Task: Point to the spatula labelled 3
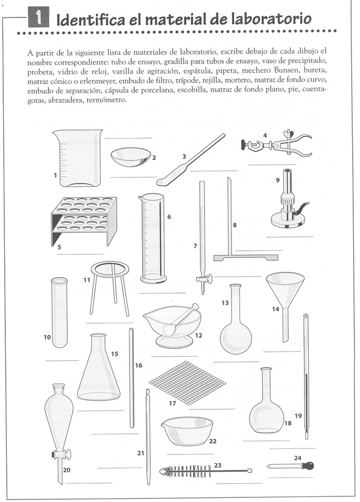click(x=190, y=158)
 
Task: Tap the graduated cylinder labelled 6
click(x=152, y=237)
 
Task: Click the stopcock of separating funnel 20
click(x=60, y=453)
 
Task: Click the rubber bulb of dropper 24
click(x=307, y=466)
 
